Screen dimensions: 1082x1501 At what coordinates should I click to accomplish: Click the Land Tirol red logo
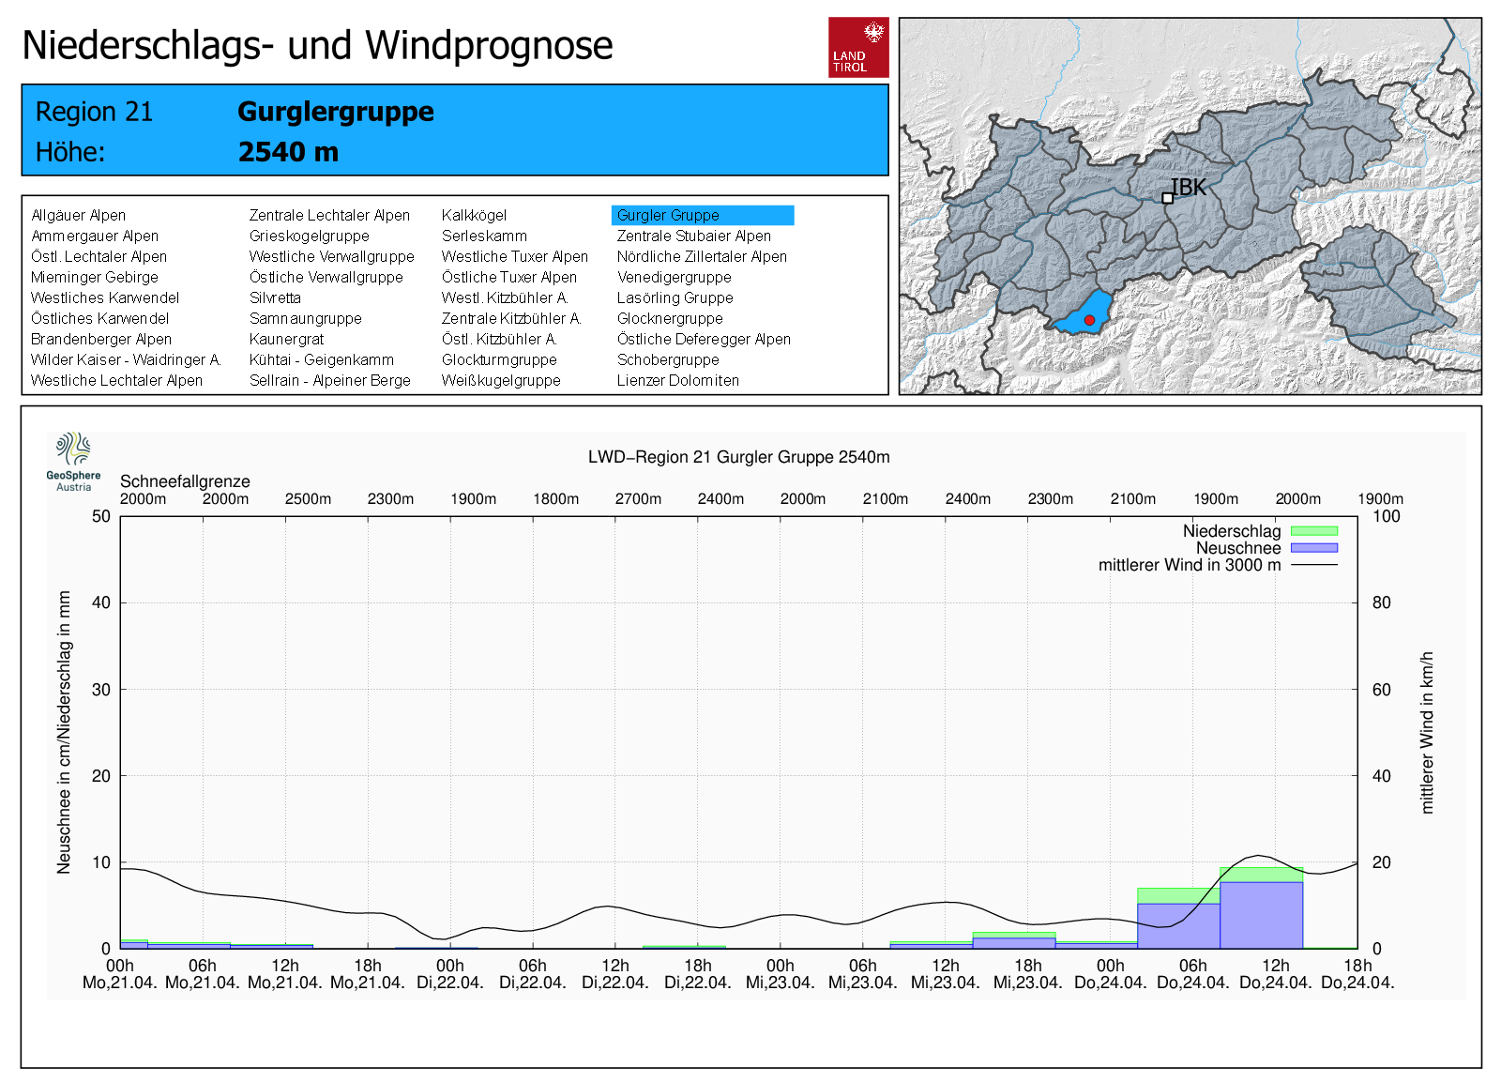pyautogui.click(x=858, y=47)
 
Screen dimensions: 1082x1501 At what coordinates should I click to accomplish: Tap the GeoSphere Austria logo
pyautogui.click(x=73, y=461)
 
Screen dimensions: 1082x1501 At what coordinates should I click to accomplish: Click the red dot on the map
pyautogui.click(x=1089, y=320)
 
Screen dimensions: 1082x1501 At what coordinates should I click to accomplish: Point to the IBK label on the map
pyautogui.click(x=1189, y=188)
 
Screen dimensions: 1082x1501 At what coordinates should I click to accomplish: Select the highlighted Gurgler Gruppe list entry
pyautogui.click(x=702, y=216)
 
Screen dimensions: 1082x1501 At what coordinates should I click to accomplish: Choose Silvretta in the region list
pyautogui.click(x=275, y=298)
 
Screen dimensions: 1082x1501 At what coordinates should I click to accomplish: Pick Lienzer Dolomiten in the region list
pyautogui.click(x=677, y=381)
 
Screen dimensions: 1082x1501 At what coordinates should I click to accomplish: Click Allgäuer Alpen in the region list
pyautogui.click(x=78, y=216)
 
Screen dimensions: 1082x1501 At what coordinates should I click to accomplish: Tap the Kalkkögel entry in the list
pyautogui.click(x=474, y=216)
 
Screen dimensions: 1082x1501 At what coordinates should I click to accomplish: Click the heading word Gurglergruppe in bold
pyautogui.click(x=335, y=112)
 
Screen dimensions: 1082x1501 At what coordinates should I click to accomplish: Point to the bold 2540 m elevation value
pyautogui.click(x=288, y=152)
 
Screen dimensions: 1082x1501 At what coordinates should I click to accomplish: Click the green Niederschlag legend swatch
pyautogui.click(x=1313, y=531)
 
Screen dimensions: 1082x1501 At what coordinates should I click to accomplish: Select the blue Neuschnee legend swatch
pyautogui.click(x=1313, y=548)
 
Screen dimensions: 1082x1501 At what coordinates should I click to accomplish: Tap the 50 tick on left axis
pyautogui.click(x=101, y=516)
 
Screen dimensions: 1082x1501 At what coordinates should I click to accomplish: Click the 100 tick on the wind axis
pyautogui.click(x=1386, y=516)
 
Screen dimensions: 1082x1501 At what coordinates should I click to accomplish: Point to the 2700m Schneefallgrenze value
pyautogui.click(x=638, y=499)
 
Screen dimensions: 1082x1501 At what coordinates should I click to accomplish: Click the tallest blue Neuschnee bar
pyautogui.click(x=1261, y=915)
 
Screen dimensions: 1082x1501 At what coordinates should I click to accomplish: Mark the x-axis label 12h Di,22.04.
pyautogui.click(x=615, y=974)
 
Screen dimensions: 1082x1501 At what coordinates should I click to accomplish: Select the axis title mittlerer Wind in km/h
pyautogui.click(x=1427, y=732)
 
